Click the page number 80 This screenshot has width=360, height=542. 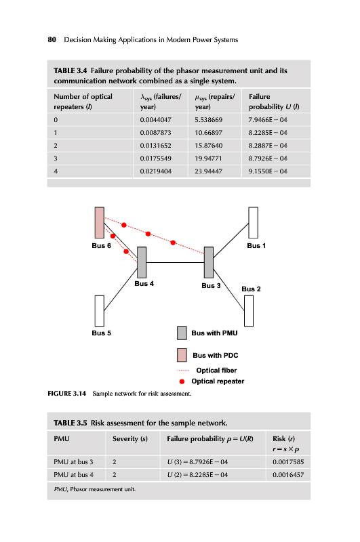(52, 39)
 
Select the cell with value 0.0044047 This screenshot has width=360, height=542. (156, 120)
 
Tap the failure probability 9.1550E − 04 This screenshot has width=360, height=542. (268, 171)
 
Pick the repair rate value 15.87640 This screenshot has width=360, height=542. (209, 146)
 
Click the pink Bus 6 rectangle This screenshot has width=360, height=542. (100, 223)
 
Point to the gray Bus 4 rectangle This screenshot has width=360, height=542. (142, 262)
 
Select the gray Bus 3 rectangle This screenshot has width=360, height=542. (209, 262)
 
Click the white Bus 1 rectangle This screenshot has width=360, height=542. (253, 223)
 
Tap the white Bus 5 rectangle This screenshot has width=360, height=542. (100, 311)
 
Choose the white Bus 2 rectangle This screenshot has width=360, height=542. (249, 311)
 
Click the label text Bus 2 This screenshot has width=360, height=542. (251, 289)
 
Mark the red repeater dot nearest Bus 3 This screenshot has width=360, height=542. (173, 243)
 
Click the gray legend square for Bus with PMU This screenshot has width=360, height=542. (182, 333)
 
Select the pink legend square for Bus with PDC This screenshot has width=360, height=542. (182, 355)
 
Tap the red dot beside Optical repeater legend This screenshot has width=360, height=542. (182, 381)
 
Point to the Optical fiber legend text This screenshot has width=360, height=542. (216, 370)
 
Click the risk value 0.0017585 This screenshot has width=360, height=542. (288, 462)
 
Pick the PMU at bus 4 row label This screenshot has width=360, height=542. (73, 475)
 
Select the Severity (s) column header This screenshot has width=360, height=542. (130, 438)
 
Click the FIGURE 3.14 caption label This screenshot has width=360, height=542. (66, 394)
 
